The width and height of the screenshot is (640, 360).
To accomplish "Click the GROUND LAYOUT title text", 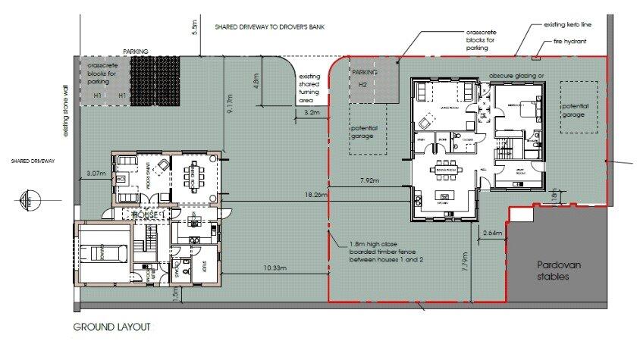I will click(x=112, y=327).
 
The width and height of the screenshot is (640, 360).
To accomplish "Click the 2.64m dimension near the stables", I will click(x=493, y=233).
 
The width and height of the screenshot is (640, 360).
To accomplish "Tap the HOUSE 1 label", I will click(x=149, y=215).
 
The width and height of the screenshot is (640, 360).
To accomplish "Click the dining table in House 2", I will click(x=445, y=171).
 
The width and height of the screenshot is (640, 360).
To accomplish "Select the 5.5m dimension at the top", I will click(x=195, y=27).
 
